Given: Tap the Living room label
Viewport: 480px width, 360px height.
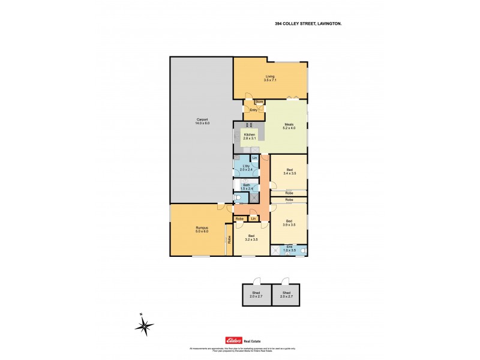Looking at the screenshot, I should (270, 78).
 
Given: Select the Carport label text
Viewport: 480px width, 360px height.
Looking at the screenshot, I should (202, 121).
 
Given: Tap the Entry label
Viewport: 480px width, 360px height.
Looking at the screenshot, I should (253, 110).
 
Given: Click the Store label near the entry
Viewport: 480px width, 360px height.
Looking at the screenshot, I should (259, 102).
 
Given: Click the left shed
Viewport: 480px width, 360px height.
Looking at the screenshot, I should (256, 295).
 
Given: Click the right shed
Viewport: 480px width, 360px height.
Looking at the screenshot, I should (286, 295).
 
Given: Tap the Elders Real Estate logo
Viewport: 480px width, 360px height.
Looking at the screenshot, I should (239, 340).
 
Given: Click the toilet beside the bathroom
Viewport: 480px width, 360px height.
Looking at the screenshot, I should (238, 197).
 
